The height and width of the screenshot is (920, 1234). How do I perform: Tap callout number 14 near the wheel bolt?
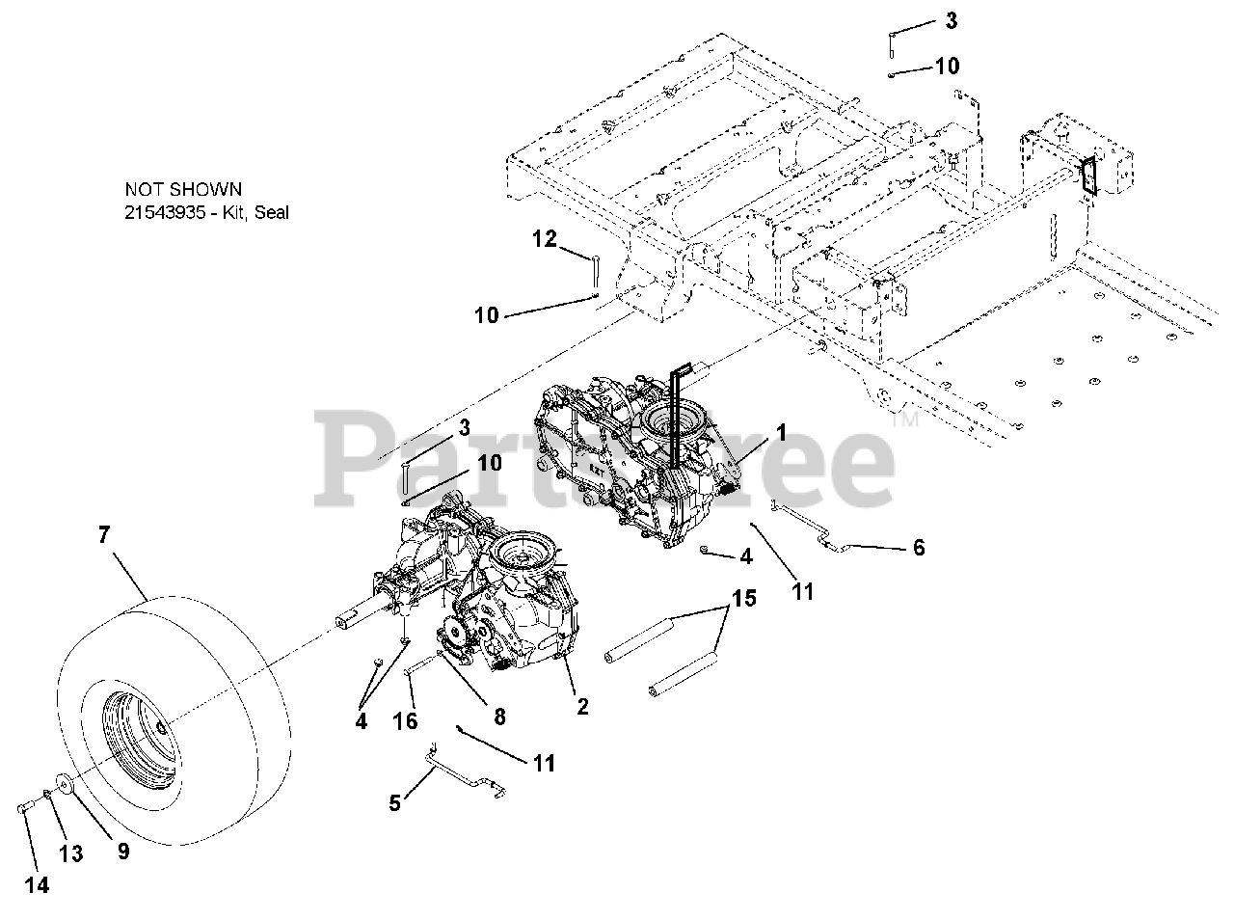click(36, 885)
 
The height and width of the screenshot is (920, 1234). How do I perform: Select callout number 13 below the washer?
click(71, 853)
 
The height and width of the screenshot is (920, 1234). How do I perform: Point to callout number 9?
click(122, 850)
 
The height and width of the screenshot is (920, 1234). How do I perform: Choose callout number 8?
click(498, 717)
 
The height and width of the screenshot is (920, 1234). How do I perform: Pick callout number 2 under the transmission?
click(582, 706)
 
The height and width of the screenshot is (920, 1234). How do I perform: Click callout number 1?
click(781, 433)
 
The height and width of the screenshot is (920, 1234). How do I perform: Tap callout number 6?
click(918, 548)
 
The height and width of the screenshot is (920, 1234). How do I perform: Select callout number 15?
click(742, 599)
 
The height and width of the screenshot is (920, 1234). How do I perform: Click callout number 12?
click(546, 238)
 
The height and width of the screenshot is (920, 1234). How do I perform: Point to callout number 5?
click(394, 802)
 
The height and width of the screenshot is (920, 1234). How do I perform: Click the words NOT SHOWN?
click(183, 190)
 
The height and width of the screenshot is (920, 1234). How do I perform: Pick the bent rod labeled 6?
click(808, 528)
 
